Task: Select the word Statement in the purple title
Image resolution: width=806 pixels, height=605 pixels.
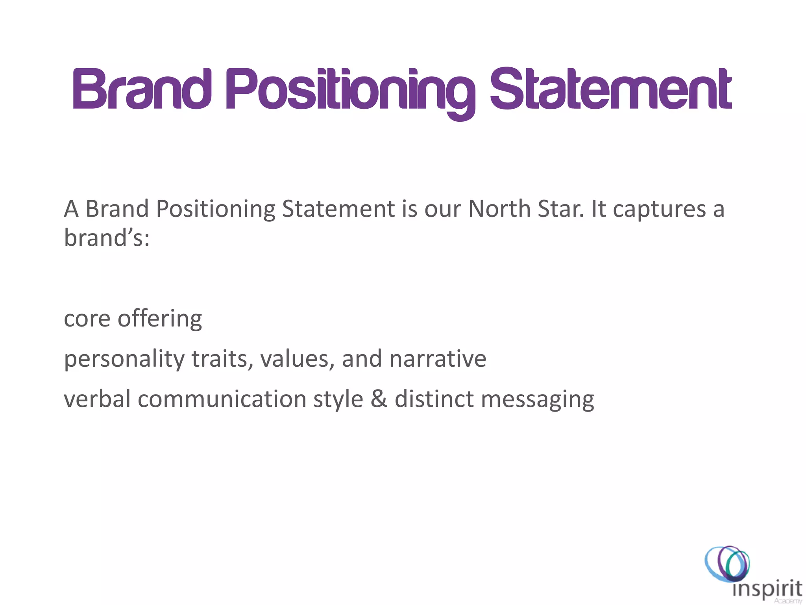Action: pos(610,90)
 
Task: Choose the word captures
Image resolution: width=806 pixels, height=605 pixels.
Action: pos(659,210)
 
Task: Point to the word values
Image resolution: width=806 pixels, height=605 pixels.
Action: pos(298,359)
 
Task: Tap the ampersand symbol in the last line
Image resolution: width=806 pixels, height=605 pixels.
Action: pos(379,399)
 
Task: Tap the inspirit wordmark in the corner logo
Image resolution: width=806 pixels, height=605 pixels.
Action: pos(767,589)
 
